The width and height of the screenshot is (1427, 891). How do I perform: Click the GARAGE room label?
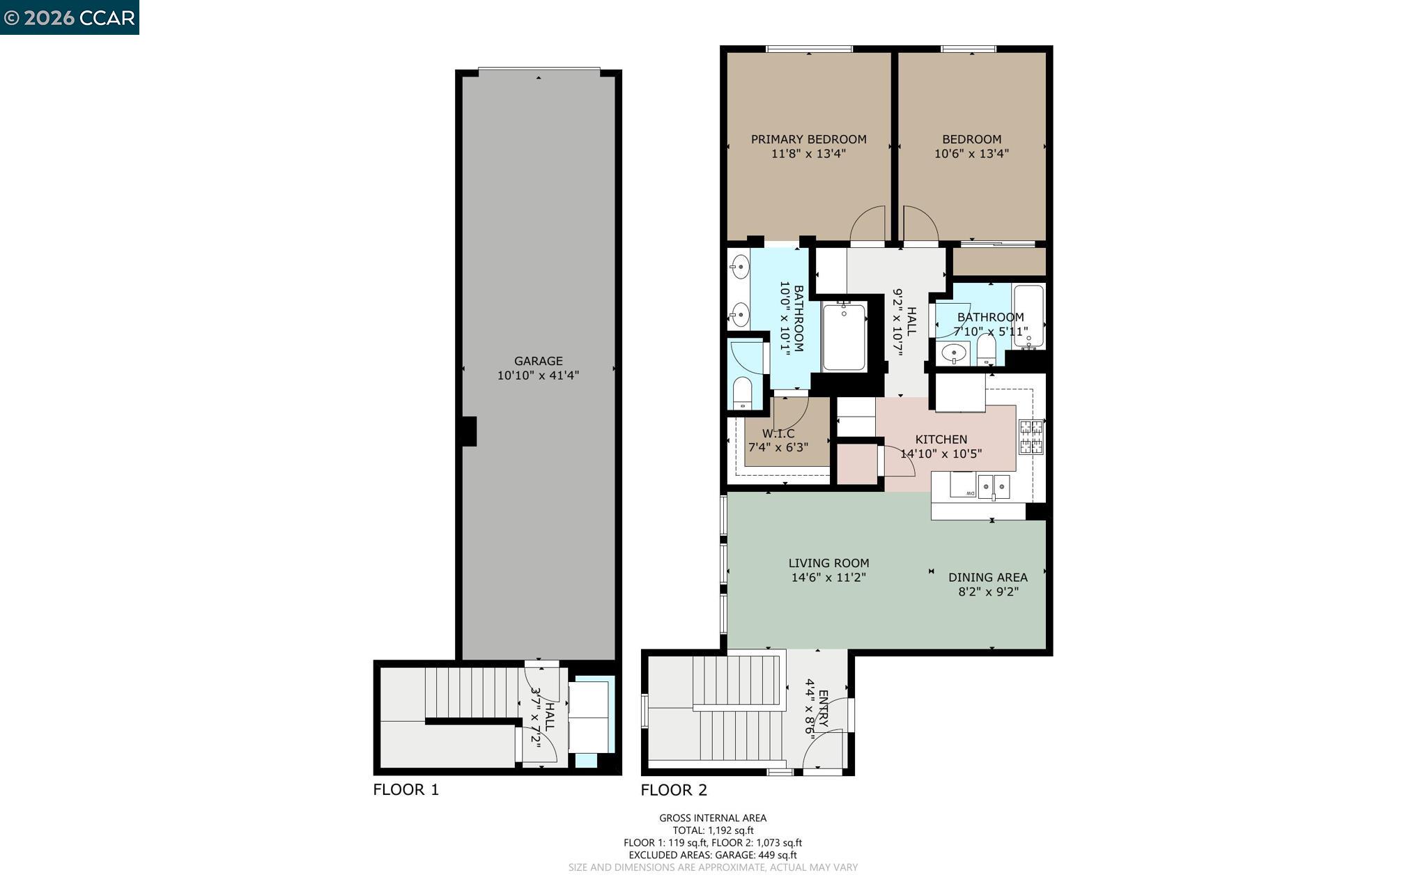(538, 361)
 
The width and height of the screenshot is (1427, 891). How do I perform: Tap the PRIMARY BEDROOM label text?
(808, 139)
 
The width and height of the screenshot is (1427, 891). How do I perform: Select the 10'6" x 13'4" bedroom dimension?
(971, 154)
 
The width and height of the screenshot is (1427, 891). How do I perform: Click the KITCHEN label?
(941, 440)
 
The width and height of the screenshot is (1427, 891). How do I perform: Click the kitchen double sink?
(994, 486)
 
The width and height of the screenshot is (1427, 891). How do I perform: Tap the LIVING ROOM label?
(828, 563)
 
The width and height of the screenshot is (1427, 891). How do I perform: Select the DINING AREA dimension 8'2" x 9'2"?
(988, 592)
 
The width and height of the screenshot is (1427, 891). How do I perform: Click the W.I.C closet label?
(778, 433)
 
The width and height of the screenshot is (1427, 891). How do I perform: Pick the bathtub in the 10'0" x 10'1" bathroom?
(844, 337)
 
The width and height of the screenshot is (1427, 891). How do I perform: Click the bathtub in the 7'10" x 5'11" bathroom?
(1028, 316)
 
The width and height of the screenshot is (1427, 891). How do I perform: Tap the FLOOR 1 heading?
(406, 789)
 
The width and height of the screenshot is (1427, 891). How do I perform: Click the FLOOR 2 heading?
(673, 789)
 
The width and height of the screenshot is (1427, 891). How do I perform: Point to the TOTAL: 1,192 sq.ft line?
(713, 830)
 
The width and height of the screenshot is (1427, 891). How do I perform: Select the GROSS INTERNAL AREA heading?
(713, 818)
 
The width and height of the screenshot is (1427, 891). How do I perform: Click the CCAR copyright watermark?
(70, 17)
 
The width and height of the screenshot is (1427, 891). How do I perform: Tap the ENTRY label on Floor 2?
(823, 708)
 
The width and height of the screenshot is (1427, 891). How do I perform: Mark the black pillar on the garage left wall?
(469, 431)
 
